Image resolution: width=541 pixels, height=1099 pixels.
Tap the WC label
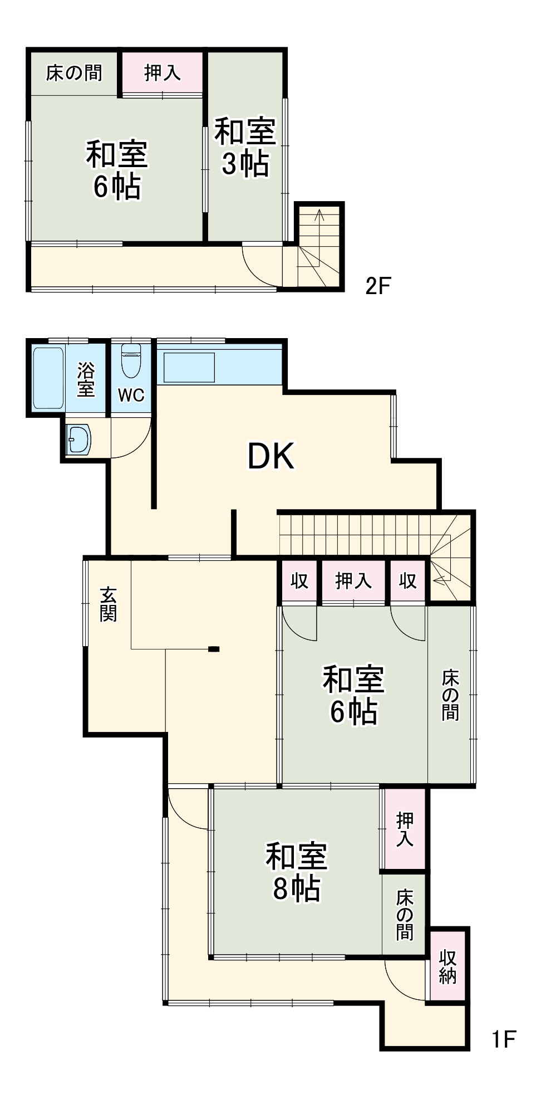point(131,395)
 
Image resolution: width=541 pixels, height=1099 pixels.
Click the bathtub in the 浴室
point(48,378)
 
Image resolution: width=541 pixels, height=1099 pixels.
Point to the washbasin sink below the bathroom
point(78,439)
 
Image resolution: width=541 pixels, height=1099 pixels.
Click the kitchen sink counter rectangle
point(189,368)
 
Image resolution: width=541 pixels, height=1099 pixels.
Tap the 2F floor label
point(378,286)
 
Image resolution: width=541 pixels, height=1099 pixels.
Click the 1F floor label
point(503,1039)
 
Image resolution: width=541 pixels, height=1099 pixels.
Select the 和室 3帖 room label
point(245,147)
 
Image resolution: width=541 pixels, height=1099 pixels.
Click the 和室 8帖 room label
point(296,872)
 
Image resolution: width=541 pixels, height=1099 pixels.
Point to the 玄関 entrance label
point(108,604)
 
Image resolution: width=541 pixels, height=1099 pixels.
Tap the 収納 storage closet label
point(448,967)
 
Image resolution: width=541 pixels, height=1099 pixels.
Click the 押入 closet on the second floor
point(163,73)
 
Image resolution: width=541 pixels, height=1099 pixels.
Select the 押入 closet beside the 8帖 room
point(405,829)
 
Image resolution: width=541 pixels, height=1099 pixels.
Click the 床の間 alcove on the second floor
point(74,73)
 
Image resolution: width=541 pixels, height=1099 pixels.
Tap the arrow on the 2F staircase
point(319,214)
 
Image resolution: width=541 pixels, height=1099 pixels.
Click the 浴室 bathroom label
point(86,379)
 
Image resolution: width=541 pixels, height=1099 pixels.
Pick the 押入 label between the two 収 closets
point(353,581)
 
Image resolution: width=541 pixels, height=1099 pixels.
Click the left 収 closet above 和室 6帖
point(299,581)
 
